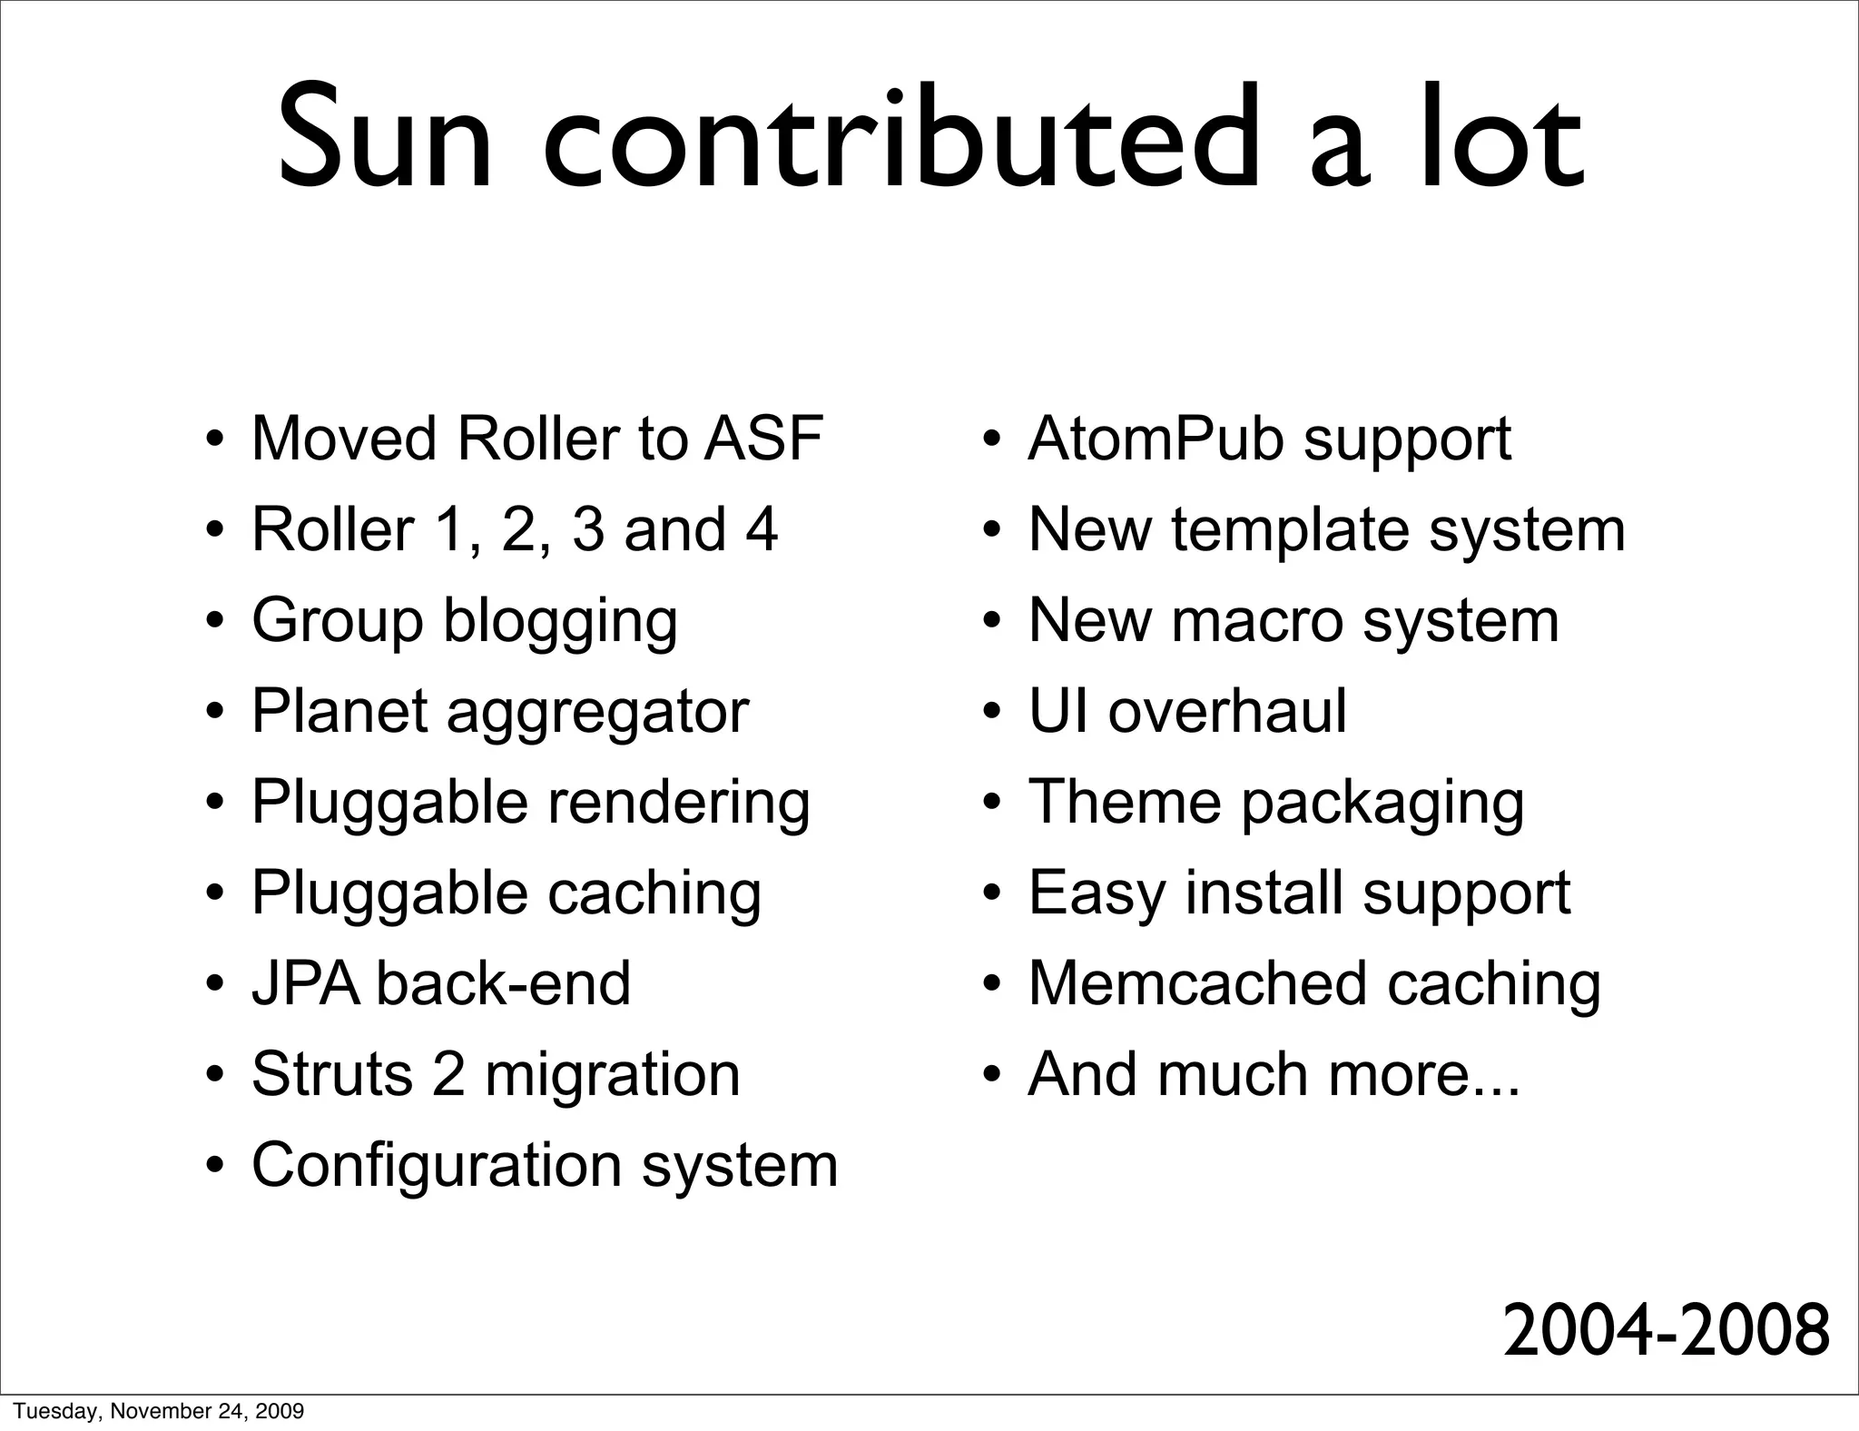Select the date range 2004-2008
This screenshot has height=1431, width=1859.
[x=1666, y=1331]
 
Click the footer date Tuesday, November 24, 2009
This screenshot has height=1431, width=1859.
[x=159, y=1411]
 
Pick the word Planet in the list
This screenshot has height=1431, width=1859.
[x=339, y=711]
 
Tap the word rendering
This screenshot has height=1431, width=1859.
[x=678, y=804]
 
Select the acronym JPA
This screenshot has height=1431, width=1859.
[x=305, y=983]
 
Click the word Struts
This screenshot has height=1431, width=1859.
[x=332, y=1074]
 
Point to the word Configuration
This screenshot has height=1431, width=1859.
[x=437, y=1166]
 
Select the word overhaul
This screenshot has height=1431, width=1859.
[x=1226, y=711]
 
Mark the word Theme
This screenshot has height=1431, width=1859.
[x=1124, y=802]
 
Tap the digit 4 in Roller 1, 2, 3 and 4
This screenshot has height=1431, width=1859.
[x=762, y=529]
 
